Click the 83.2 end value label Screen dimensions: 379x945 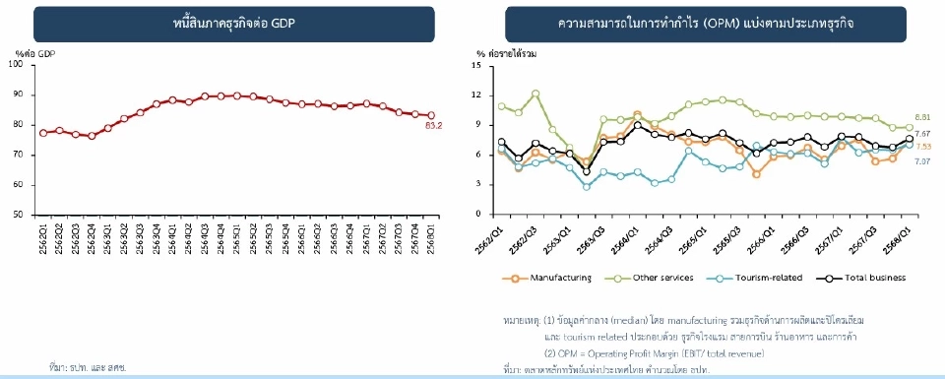[x=433, y=126]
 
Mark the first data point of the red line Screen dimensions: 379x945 [x=42, y=132]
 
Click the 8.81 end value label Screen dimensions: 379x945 [x=923, y=117]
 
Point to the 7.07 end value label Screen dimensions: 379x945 [x=923, y=160]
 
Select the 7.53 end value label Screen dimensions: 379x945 [x=923, y=146]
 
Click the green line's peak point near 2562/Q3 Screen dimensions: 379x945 [x=535, y=94]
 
